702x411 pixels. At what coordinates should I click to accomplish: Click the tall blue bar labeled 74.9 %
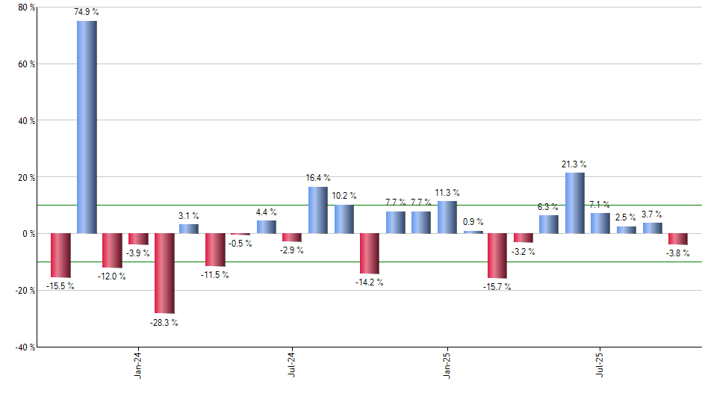pos(87,127)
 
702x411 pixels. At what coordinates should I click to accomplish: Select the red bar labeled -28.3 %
pos(164,273)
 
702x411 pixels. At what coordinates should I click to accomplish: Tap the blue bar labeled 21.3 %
pos(574,203)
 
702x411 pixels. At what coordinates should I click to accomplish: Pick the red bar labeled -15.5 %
pos(61,256)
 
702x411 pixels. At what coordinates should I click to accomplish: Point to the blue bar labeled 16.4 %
pos(317,210)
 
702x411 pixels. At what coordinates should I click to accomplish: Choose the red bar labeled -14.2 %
pos(370,253)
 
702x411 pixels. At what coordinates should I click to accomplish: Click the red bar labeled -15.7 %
pos(497,256)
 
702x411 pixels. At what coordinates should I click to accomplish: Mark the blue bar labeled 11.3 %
pos(447,217)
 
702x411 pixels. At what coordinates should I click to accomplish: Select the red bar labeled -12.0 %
pos(112,250)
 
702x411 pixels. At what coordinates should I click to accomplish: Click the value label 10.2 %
pos(344,197)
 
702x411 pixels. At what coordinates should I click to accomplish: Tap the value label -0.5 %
pos(240,244)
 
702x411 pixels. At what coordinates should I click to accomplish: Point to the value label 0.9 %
pos(473,222)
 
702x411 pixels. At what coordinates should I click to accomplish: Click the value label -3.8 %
pos(678,253)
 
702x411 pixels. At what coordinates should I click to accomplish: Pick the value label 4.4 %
pos(267,212)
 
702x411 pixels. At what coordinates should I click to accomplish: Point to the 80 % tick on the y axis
pos(27,7)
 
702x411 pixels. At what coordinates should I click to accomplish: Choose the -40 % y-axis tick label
pos(25,347)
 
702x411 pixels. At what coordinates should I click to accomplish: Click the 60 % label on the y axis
pos(27,64)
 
